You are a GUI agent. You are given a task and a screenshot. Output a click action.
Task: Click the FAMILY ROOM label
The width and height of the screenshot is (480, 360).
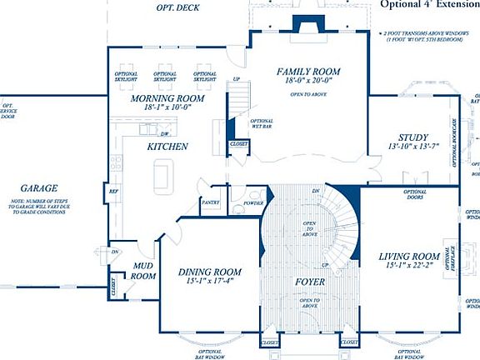coord(310,72)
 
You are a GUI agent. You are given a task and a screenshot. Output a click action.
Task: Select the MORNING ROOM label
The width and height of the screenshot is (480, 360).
coord(167,98)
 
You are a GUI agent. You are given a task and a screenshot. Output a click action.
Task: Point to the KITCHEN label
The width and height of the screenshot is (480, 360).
coord(167,147)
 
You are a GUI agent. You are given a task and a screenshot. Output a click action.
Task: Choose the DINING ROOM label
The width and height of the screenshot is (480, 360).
coord(210,272)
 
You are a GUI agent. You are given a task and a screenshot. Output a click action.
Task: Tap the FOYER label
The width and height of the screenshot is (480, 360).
coord(309,282)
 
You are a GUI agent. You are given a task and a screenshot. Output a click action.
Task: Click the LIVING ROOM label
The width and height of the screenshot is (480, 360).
coord(408,257)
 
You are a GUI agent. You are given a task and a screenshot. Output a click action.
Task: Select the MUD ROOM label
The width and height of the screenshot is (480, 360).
coord(144,270)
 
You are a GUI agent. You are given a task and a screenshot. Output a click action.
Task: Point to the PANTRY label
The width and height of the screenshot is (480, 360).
coord(210,202)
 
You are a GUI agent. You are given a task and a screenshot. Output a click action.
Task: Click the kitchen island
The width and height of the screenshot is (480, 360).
coord(163,177)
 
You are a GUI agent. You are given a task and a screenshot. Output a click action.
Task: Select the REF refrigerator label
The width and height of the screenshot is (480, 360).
coord(113,192)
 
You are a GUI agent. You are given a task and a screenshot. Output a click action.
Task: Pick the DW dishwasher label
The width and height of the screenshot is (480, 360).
coord(165,134)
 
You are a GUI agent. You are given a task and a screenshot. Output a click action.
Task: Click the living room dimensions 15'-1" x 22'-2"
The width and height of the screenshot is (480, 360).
coord(408,267)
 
